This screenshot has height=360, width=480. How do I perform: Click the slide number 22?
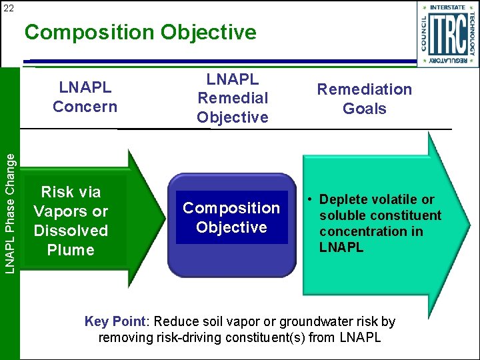point(9,8)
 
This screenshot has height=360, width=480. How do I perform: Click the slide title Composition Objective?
point(141,32)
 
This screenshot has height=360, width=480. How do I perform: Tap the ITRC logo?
point(449,34)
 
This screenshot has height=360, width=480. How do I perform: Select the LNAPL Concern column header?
point(85,97)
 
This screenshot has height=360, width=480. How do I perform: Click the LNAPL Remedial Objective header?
point(232,98)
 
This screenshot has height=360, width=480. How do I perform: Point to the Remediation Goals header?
point(364,99)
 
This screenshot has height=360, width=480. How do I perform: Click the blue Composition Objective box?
point(231,218)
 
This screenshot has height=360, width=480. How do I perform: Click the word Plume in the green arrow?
point(71,250)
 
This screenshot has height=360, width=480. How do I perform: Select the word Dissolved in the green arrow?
point(71,231)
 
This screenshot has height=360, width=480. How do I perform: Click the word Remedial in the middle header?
point(232,98)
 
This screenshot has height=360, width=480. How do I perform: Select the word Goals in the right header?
point(364,109)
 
